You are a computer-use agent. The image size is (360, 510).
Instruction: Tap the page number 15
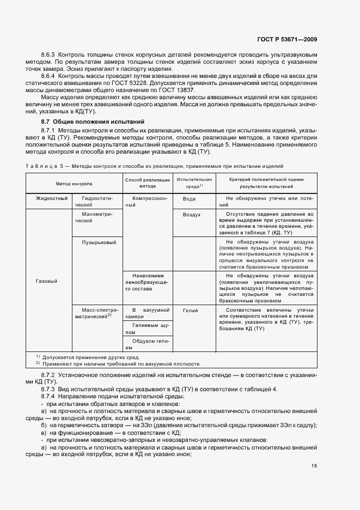tap(314, 466)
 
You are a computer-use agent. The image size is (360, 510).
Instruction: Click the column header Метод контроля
tap(74, 184)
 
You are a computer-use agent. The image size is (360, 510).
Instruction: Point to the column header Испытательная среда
tap(194, 183)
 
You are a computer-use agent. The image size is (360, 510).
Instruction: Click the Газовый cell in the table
tap(46, 281)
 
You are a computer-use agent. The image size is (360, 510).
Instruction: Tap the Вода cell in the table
tap(189, 199)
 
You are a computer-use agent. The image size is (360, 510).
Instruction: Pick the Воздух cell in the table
tap(192, 215)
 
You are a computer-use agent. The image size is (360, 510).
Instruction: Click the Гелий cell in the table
tap(190, 309)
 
